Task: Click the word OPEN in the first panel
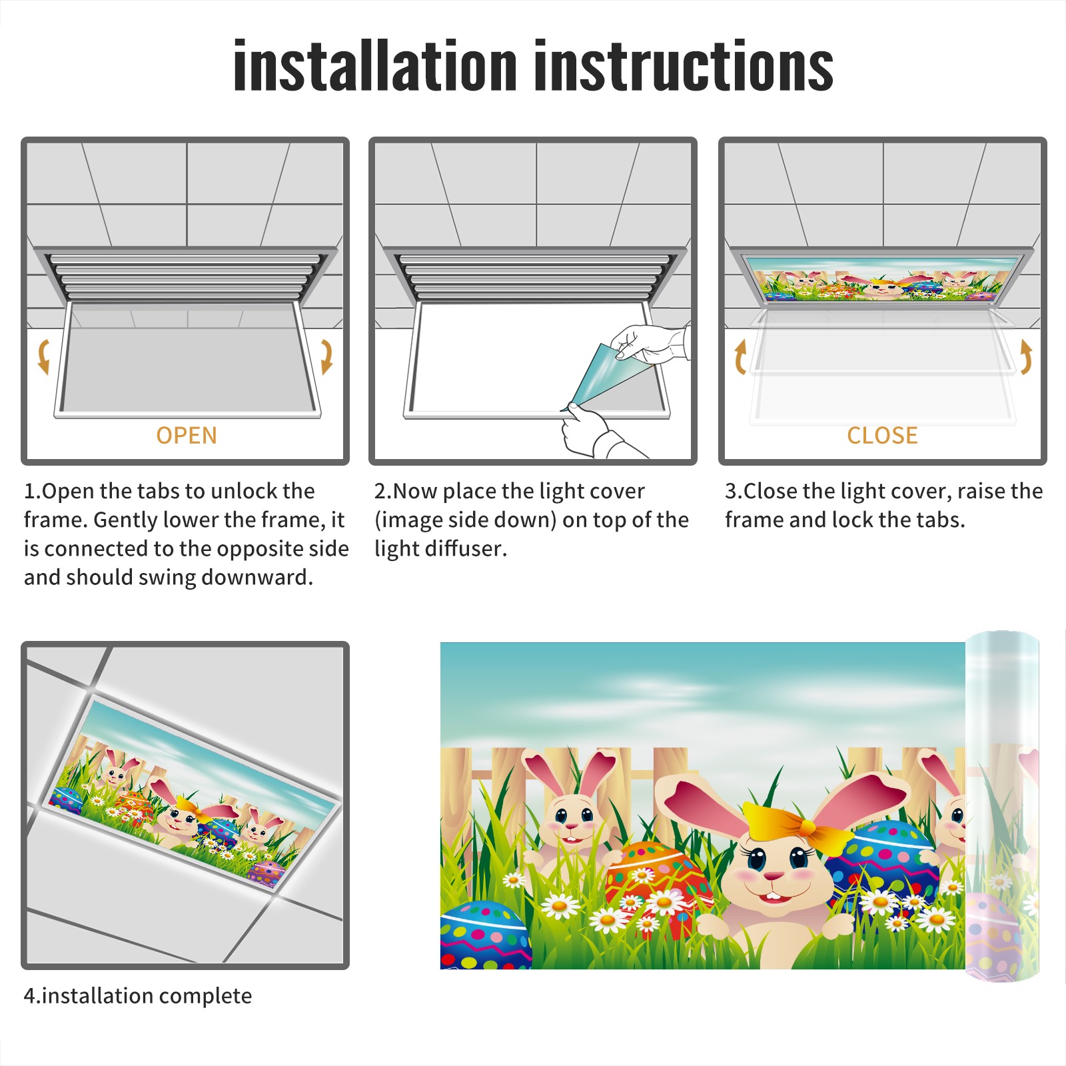pyautogui.click(x=187, y=436)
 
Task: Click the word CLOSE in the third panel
pyautogui.click(x=882, y=436)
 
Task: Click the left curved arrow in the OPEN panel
pyautogui.click(x=43, y=356)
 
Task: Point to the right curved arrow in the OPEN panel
pyautogui.click(x=326, y=356)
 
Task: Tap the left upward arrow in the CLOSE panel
pyautogui.click(x=740, y=356)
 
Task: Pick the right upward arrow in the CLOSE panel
pyautogui.click(x=1026, y=356)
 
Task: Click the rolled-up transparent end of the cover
pyautogui.click(x=1002, y=806)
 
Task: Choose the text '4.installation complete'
pyautogui.click(x=138, y=995)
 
